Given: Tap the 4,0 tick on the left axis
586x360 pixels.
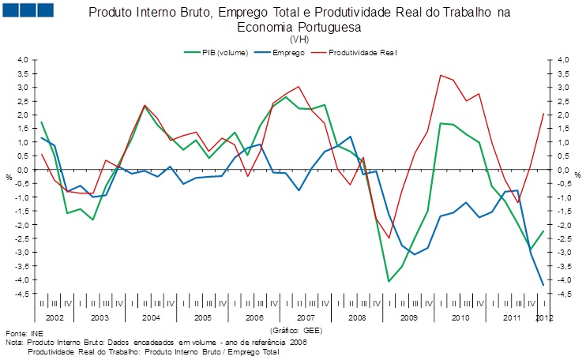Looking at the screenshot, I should [22, 60].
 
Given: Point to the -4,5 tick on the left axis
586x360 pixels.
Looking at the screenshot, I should [21, 294].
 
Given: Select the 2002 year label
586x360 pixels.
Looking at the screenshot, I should [54, 317].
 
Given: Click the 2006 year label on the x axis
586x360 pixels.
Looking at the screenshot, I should [254, 317].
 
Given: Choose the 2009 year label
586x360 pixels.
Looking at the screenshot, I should [408, 317].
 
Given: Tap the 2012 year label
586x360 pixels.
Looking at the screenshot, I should [544, 317].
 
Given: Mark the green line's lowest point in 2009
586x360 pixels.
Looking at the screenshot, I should [389, 281].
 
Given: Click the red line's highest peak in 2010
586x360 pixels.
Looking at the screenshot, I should [440, 75].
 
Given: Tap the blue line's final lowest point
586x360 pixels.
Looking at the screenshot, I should [543, 285].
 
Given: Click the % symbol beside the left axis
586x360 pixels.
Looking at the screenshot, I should [9, 176].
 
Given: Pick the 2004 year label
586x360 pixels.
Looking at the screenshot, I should [152, 317].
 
